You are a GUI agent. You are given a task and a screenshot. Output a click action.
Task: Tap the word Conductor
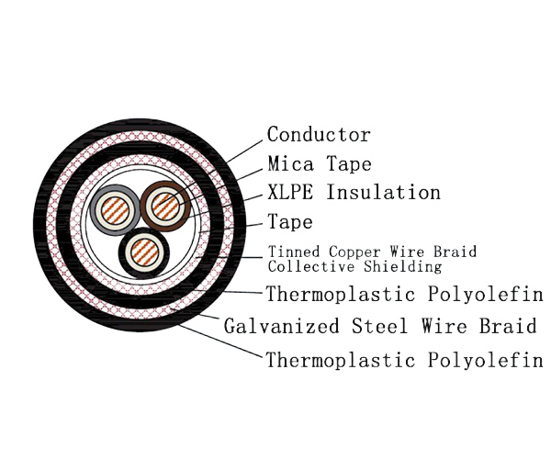tap(319, 135)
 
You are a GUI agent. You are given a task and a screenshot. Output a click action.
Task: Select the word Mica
tap(290, 164)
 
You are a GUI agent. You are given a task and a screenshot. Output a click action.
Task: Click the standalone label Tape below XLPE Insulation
tap(289, 222)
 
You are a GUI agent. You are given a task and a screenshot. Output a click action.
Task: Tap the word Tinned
tap(290, 252)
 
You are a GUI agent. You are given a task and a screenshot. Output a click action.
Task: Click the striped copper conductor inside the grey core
tap(113, 208)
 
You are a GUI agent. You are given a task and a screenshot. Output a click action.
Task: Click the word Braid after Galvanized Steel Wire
tap(511, 327)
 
